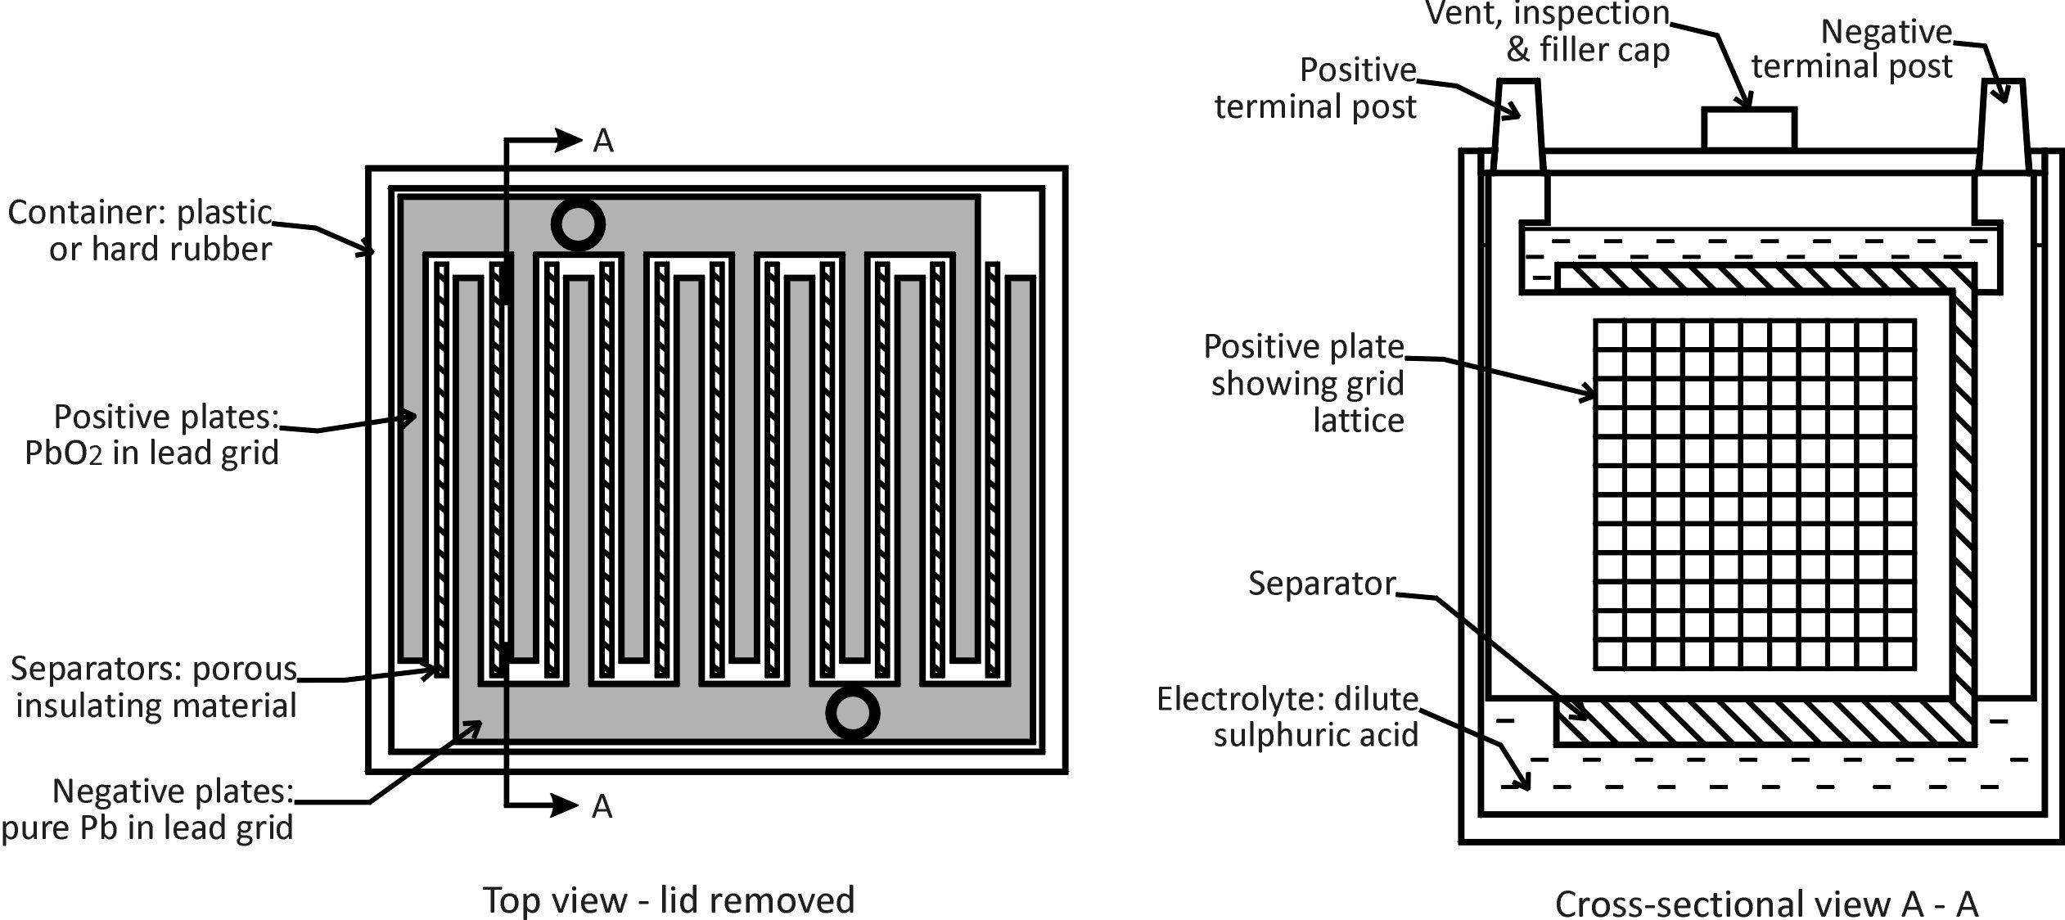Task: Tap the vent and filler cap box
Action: (1749, 129)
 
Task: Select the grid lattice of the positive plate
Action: (1755, 506)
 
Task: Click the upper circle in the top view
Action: (578, 223)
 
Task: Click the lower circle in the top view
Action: (852, 713)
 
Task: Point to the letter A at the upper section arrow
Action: (603, 141)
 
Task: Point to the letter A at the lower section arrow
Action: (602, 806)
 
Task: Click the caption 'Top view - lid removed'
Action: (669, 900)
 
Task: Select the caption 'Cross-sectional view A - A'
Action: (1766, 904)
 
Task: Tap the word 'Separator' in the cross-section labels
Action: (1322, 584)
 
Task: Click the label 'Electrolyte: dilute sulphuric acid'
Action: (1287, 717)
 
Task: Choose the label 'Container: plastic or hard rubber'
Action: (140, 231)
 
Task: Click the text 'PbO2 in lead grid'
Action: (152, 453)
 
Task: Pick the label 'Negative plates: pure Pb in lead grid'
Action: (148, 810)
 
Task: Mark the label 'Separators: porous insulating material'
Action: (154, 688)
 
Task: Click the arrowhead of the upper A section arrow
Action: (571, 140)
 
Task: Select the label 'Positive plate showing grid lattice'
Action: (1305, 383)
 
